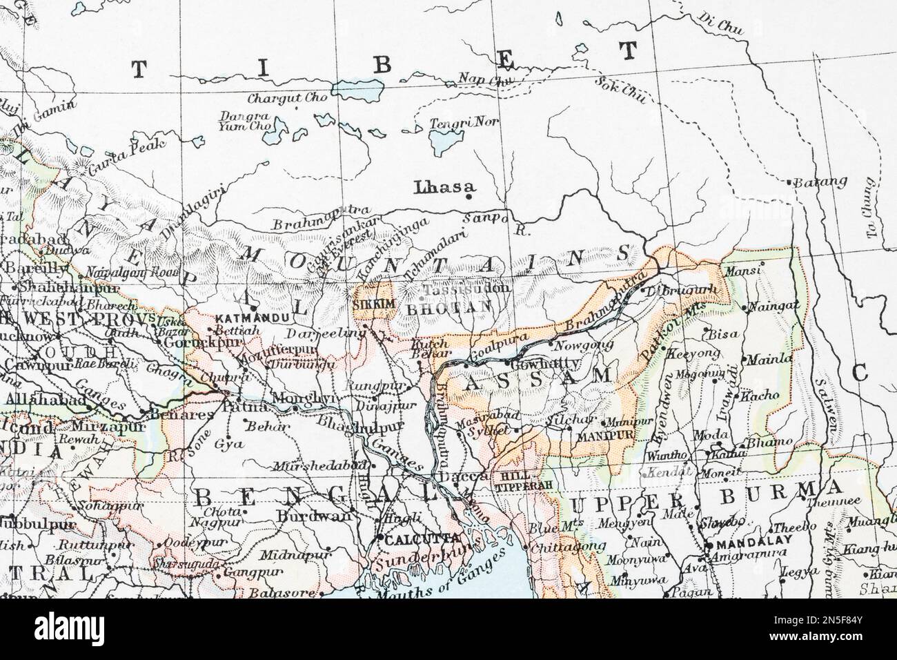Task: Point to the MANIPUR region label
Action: click(x=594, y=436)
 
